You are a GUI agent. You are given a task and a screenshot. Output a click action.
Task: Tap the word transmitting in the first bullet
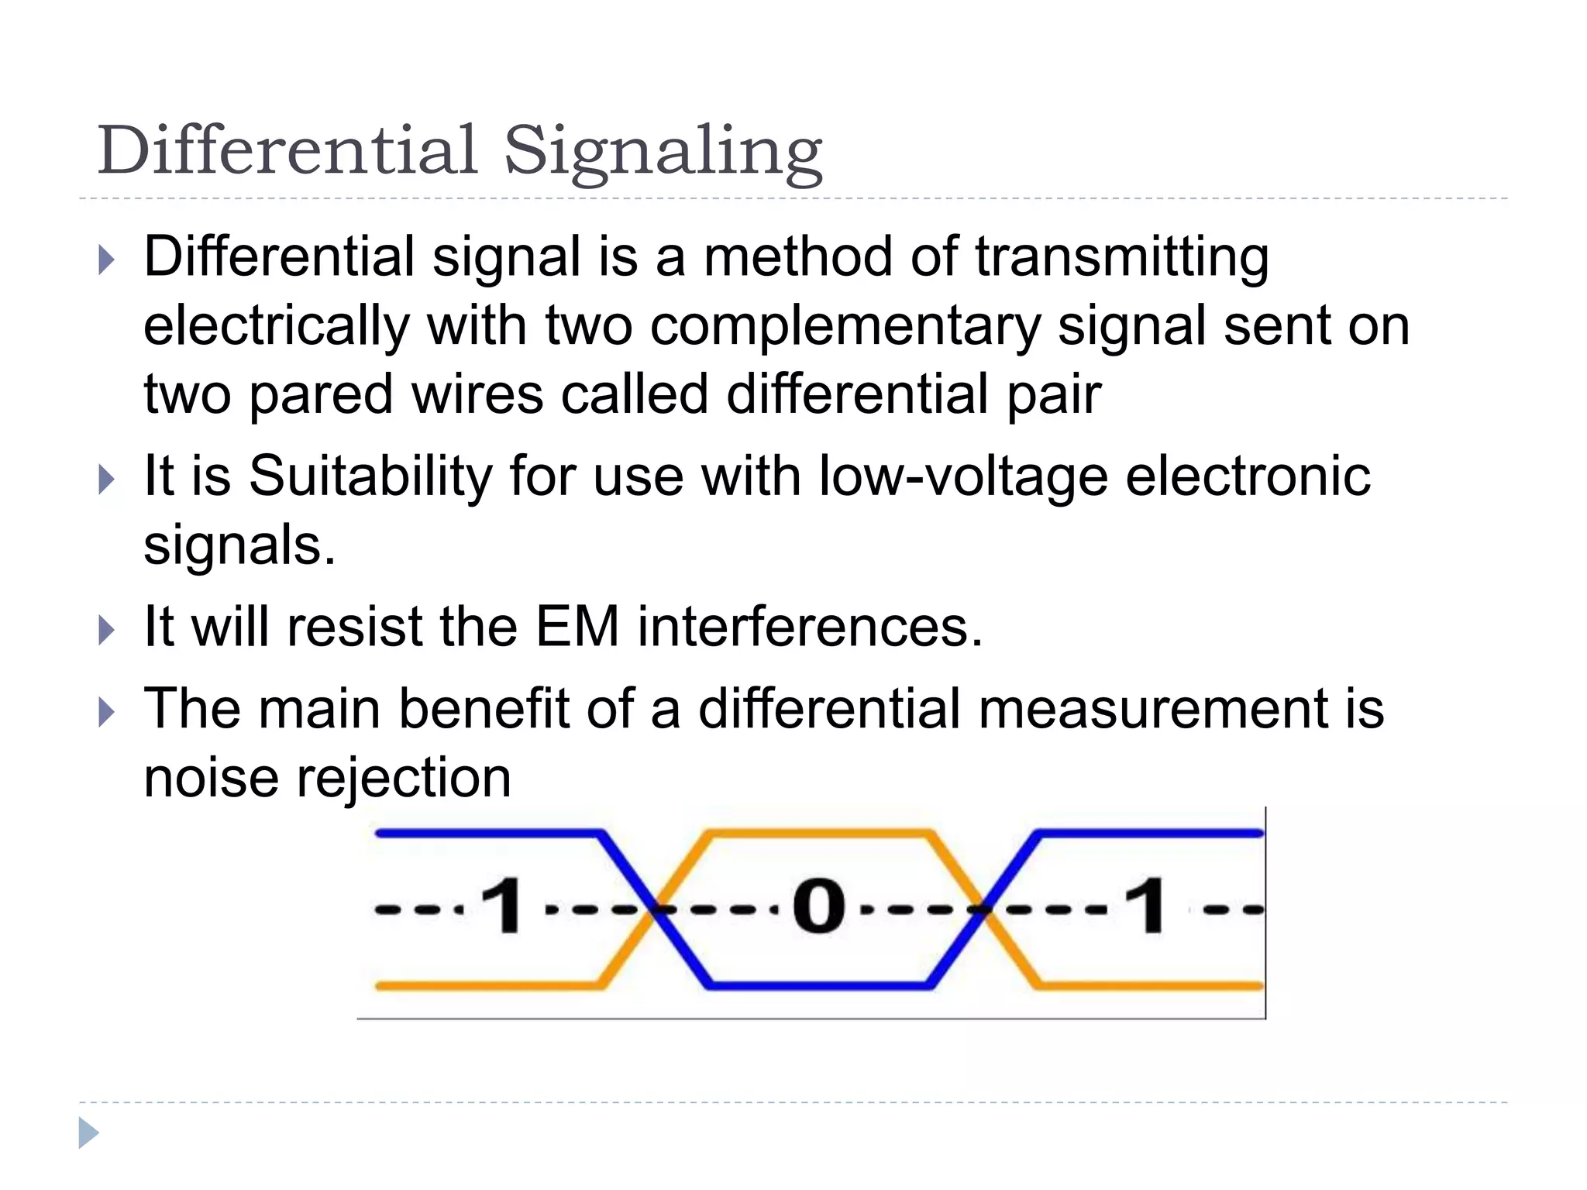tap(1121, 257)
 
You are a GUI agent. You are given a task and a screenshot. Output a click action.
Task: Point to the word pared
tap(320, 394)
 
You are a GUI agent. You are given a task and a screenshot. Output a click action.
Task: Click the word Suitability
tap(370, 476)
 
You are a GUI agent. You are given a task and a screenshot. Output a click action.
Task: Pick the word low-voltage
tap(963, 476)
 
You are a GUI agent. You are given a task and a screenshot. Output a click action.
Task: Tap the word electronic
tap(1248, 476)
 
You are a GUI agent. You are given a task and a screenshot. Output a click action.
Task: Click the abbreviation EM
tap(577, 626)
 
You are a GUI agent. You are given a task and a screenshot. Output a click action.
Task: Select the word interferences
tap(810, 626)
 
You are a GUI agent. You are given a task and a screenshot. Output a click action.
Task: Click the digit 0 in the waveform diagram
tap(818, 906)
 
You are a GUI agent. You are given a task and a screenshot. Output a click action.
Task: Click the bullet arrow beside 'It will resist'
tap(107, 630)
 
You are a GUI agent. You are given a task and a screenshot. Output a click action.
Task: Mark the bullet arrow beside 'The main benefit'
tap(107, 712)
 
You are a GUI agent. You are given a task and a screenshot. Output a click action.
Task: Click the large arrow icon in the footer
tap(88, 1133)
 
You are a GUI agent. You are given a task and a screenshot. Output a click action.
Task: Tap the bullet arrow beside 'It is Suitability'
tap(107, 480)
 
